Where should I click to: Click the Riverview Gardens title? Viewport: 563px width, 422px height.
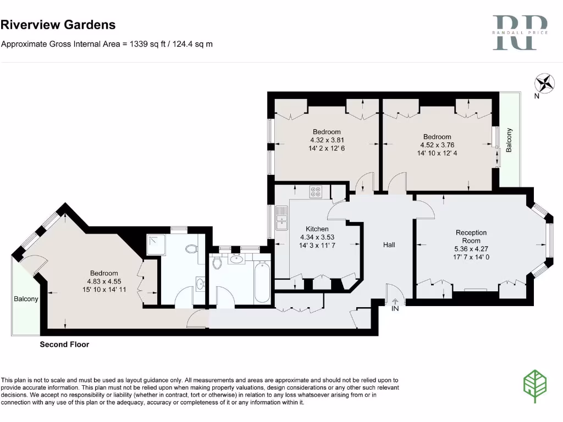58,25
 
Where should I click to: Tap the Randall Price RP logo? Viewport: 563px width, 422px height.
520,33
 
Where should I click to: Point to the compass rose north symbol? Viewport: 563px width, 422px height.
545,84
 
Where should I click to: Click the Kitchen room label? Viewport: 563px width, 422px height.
317,229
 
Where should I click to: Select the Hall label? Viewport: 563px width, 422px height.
389,245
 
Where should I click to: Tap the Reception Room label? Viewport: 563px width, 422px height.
471,237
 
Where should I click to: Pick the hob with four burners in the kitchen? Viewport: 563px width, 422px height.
316,192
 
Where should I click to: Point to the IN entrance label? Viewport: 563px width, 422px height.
395,309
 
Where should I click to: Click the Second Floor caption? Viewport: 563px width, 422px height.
64,345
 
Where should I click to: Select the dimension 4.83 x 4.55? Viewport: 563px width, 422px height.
104,281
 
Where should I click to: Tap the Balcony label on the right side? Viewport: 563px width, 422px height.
509,140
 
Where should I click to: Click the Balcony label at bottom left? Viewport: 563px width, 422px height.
26,299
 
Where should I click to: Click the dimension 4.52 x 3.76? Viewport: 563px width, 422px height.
437,145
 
